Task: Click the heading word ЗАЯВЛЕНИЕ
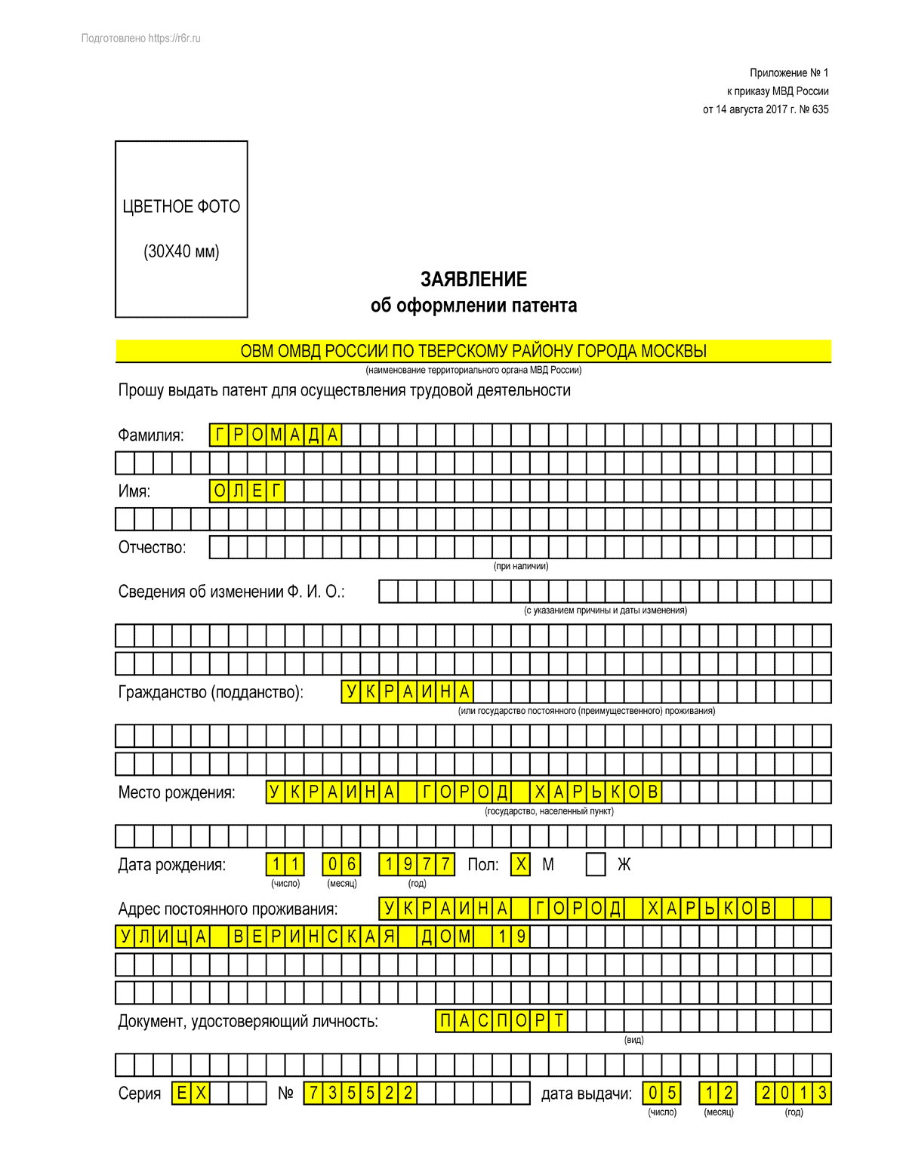click(473, 279)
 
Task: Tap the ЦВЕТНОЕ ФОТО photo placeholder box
click(181, 229)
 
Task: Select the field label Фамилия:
click(151, 435)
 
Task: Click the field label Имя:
click(134, 491)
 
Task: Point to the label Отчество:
click(152, 548)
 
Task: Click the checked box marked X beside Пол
click(520, 864)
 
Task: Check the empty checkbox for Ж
click(596, 864)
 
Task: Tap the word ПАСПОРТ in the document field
click(501, 1021)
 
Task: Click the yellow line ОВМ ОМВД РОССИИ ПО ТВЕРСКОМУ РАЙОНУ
click(473, 351)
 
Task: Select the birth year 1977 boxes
click(417, 864)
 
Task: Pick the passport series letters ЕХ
click(191, 1093)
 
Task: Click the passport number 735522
click(360, 1093)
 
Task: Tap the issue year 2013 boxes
click(794, 1093)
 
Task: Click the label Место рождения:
click(177, 793)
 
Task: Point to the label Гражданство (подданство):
click(211, 692)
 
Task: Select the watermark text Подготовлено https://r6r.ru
click(141, 38)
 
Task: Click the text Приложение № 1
click(789, 73)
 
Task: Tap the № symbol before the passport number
click(285, 1094)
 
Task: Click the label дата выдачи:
click(586, 1094)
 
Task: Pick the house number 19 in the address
click(511, 937)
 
